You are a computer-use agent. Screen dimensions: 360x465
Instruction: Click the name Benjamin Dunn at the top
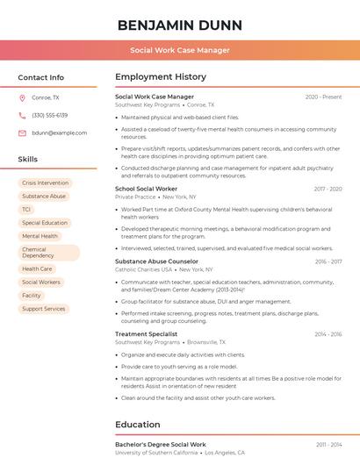[180, 24]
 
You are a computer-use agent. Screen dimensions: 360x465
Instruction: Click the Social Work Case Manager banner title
[180, 50]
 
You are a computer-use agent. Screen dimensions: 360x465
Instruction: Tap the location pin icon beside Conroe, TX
[22, 97]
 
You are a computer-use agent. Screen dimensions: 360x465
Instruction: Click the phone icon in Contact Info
[22, 115]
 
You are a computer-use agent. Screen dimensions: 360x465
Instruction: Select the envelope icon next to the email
[22, 132]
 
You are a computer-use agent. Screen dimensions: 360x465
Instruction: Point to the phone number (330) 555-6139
[49, 115]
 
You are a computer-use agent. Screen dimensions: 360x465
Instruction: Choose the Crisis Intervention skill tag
[45, 182]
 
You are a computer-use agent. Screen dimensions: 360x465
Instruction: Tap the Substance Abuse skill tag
[44, 196]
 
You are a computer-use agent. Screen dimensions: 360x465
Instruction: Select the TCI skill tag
[26, 210]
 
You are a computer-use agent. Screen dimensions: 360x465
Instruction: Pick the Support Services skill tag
[43, 309]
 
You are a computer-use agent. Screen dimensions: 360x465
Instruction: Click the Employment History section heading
[160, 77]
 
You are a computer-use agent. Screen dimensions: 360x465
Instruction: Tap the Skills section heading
[28, 160]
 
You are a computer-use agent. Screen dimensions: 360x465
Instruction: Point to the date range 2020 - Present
[323, 97]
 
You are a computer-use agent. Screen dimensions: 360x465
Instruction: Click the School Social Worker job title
[146, 189]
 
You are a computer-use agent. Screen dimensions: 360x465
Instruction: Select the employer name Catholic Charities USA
[143, 269]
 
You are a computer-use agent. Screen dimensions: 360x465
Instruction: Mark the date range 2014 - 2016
[328, 334]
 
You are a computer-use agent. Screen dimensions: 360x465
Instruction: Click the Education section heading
[137, 425]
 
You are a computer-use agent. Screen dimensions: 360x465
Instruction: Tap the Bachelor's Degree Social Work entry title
[160, 445]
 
